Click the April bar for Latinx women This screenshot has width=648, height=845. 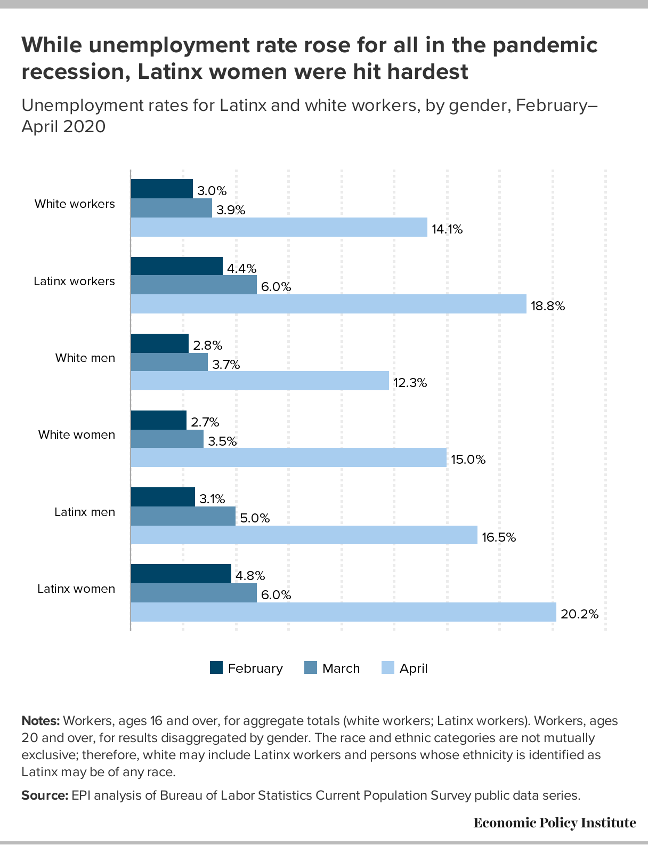pos(343,612)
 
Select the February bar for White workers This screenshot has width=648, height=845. pos(161,189)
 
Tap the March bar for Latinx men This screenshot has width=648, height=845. pos(183,516)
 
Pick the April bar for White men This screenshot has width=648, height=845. pos(260,381)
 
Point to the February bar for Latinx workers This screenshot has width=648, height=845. pos(176,266)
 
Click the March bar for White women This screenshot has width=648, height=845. pos(167,439)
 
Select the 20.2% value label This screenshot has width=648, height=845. pos(579,614)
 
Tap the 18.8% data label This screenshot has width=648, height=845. pos(548,306)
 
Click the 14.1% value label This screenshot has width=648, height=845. pos(447,229)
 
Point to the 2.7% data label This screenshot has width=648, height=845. pos(205,422)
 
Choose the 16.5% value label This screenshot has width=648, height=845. pos(499,537)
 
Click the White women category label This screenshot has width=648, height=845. pos(77,434)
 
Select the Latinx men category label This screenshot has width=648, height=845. pos(85,512)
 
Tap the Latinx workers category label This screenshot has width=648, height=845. pos(74,281)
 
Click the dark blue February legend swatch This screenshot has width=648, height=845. pos(216,667)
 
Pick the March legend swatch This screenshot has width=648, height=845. pos(311,667)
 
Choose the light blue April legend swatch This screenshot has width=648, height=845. pos(388,667)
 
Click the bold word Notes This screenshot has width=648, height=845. pos(40,721)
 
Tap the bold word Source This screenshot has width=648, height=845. pos(45,795)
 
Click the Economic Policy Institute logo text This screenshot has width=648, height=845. pos(555,823)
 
